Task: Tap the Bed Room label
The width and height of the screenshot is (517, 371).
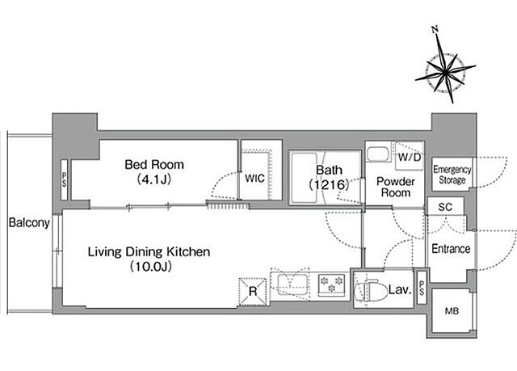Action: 154,165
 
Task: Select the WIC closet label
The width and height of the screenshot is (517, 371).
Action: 254,179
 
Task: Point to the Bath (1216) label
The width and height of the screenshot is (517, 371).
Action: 329,177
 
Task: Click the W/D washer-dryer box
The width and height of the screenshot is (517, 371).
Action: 410,156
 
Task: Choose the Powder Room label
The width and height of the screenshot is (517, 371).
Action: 396,187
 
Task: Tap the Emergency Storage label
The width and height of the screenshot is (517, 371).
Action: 452,175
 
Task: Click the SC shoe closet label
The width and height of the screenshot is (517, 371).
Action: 445,207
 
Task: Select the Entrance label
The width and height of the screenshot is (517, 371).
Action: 451,249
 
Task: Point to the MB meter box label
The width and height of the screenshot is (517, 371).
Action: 452,311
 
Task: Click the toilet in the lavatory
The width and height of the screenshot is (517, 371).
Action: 371,290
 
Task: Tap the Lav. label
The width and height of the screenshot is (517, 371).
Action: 401,289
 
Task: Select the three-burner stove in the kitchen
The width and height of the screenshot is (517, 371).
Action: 332,285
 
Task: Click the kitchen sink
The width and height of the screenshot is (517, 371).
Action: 292,285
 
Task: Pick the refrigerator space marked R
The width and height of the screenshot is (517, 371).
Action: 253,292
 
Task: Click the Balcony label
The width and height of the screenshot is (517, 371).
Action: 29,223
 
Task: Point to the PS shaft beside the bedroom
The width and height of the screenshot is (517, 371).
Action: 64,179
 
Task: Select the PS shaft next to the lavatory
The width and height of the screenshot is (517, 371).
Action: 422,287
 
